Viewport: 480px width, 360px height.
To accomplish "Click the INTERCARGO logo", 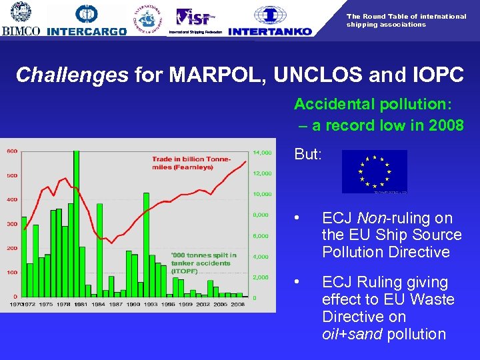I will coord(87,20).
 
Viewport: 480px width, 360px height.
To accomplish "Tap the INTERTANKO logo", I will coord(270,21).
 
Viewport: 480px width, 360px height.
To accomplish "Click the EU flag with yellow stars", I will coord(374,172).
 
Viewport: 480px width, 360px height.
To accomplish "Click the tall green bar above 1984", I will coord(99,249).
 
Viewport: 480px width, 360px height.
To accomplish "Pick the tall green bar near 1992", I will coord(146,244).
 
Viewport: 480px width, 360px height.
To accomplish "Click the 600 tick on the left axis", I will coord(12,151).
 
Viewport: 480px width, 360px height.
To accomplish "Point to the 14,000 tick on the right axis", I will coord(263,153).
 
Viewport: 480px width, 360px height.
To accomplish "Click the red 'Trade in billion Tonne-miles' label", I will coord(191,163).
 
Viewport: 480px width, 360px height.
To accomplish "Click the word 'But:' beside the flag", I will coord(307,154).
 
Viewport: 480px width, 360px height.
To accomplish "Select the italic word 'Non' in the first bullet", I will coord(370,219).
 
